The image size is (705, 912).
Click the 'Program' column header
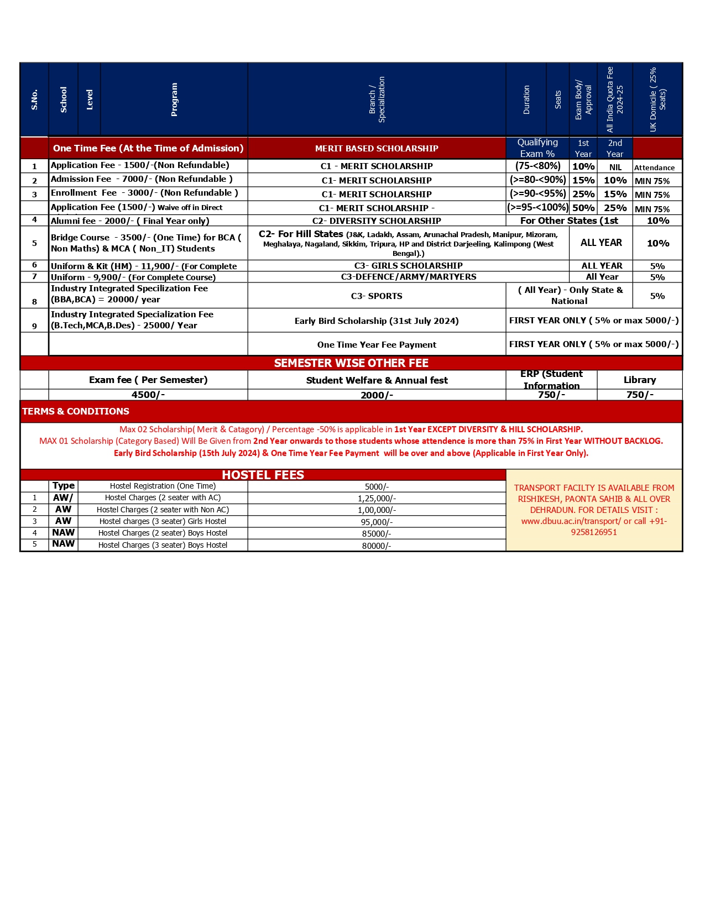tap(174, 99)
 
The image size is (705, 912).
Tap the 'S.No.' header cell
tap(34, 99)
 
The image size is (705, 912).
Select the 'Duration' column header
tap(526, 99)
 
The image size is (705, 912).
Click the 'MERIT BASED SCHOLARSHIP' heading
tap(377, 148)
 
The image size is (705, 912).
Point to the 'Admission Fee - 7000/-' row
tap(142, 179)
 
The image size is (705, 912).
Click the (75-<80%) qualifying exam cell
tap(537, 166)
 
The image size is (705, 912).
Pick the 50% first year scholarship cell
tap(583, 208)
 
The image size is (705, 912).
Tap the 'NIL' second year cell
tap(615, 167)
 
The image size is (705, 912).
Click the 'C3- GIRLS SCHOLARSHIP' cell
tap(408, 265)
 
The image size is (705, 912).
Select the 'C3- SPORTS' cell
tap(377, 296)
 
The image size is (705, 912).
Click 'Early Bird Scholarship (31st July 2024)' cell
tap(377, 321)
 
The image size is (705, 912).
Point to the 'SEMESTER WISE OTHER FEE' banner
tap(351, 363)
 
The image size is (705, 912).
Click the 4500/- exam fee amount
tap(148, 395)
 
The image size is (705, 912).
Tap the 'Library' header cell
tap(639, 380)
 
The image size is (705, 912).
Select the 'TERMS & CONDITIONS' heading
tap(76, 411)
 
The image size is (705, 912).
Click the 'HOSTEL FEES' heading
tap(263, 475)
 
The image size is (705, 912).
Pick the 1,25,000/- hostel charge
tap(377, 498)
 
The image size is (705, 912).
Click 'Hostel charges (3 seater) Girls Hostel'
tap(163, 521)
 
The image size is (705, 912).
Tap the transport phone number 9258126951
tap(594, 532)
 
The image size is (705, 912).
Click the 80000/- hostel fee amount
tap(377, 546)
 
